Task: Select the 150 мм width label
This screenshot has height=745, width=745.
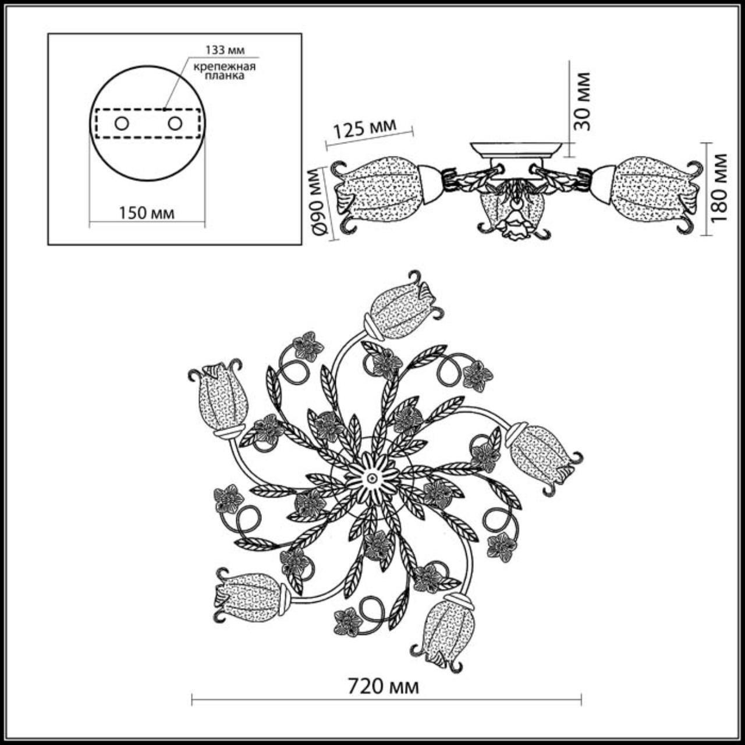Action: point(147,212)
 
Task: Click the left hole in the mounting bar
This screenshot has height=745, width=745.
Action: point(122,123)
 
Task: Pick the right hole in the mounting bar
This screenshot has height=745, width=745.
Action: point(175,123)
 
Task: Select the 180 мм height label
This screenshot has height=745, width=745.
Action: point(719,187)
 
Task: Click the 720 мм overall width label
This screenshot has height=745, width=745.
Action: point(383,687)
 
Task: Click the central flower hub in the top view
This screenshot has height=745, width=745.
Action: point(371,476)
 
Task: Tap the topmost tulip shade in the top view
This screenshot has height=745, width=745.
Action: point(402,308)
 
